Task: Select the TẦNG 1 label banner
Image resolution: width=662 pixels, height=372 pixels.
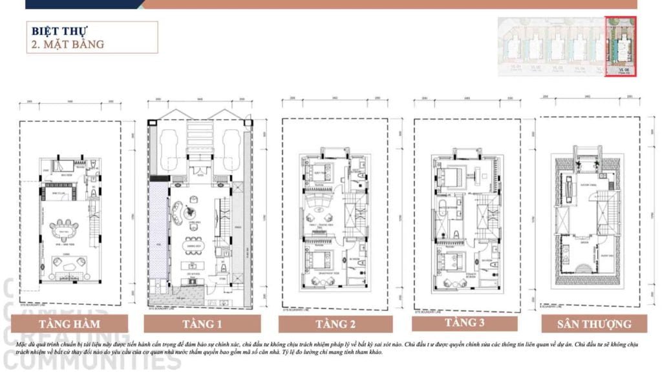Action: (x=202, y=324)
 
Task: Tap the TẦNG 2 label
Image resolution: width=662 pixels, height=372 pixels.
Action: (x=336, y=324)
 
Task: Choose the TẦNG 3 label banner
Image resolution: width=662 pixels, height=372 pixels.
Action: (x=465, y=322)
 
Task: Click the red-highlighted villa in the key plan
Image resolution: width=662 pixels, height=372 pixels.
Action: (x=621, y=46)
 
